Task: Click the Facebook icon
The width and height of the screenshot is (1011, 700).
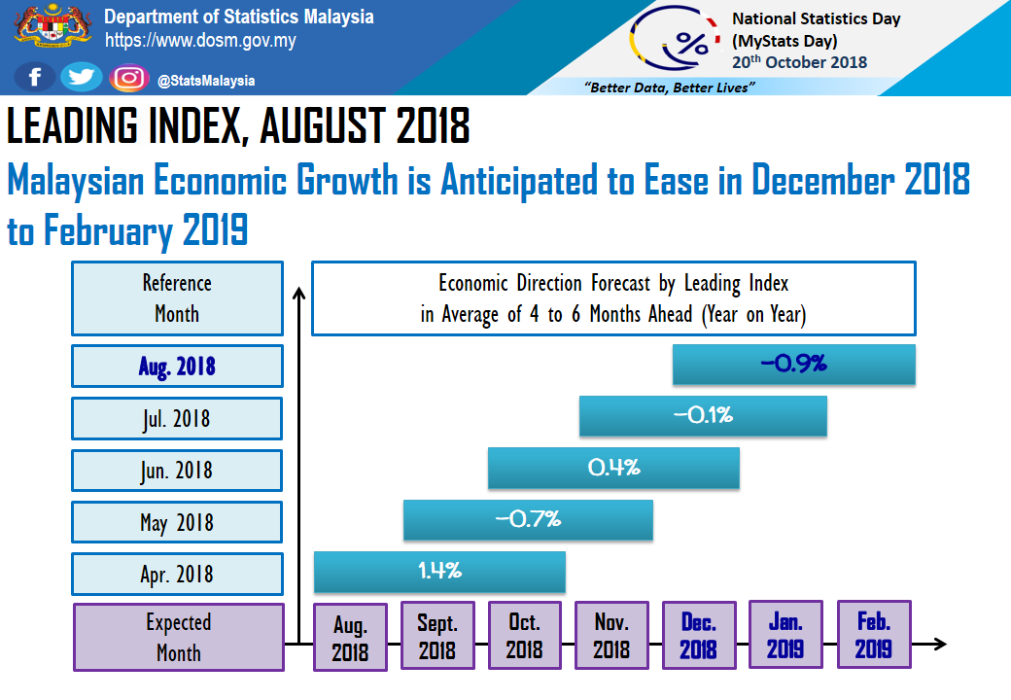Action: pyautogui.click(x=35, y=78)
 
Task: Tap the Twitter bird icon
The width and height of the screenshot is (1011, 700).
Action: pyautogui.click(x=82, y=78)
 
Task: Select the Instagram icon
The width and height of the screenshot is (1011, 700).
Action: pyautogui.click(x=128, y=78)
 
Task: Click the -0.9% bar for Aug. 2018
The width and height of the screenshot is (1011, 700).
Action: pyautogui.click(x=794, y=365)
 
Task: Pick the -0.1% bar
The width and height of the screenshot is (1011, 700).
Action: pyautogui.click(x=703, y=416)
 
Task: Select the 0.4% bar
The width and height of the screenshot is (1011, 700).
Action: pyautogui.click(x=613, y=468)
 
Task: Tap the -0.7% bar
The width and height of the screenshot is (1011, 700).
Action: pyautogui.click(x=528, y=519)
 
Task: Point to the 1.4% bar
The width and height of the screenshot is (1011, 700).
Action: pyautogui.click(x=439, y=572)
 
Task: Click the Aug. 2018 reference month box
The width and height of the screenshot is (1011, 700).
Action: pyautogui.click(x=177, y=367)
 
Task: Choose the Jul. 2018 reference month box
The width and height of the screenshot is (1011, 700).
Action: pyautogui.click(x=177, y=419)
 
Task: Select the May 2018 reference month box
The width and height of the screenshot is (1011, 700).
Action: pyautogui.click(x=177, y=523)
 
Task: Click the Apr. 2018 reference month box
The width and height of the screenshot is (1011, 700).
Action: pyautogui.click(x=177, y=575)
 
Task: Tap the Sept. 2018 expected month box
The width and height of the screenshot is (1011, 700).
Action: pyautogui.click(x=437, y=636)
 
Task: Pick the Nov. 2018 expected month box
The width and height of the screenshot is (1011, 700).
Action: pyautogui.click(x=611, y=636)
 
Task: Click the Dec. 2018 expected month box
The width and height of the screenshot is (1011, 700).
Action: pyautogui.click(x=699, y=636)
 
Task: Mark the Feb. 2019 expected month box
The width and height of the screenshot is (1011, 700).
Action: pyautogui.click(x=873, y=635)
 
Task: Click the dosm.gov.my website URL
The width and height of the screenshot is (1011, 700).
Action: pyautogui.click(x=200, y=42)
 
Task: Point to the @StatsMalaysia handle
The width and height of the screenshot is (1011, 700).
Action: pyautogui.click(x=206, y=81)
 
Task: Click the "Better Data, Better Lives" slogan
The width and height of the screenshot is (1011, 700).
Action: pyautogui.click(x=670, y=87)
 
